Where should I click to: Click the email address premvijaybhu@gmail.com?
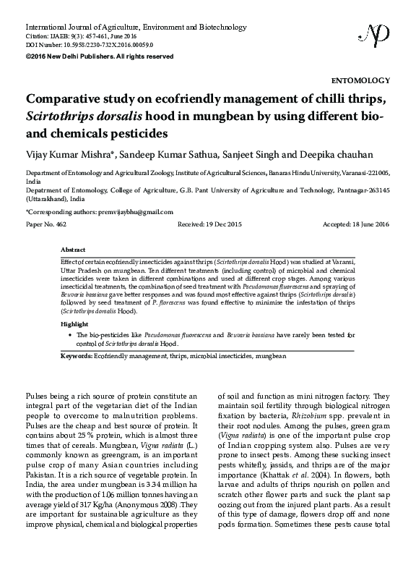point(136,212)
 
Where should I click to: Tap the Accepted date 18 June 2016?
point(355,225)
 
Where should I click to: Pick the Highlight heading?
point(76,324)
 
